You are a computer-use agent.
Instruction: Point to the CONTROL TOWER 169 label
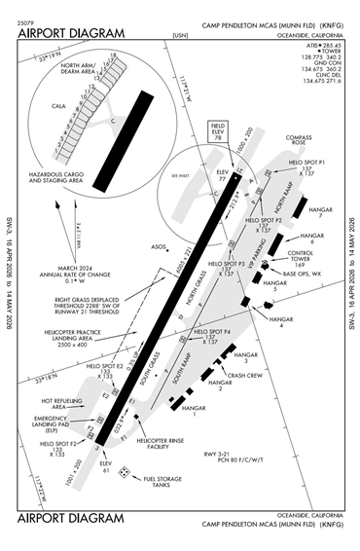(304, 257)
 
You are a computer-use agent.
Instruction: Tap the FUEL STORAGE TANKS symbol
(126, 472)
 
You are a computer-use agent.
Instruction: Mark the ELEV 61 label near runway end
(104, 466)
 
